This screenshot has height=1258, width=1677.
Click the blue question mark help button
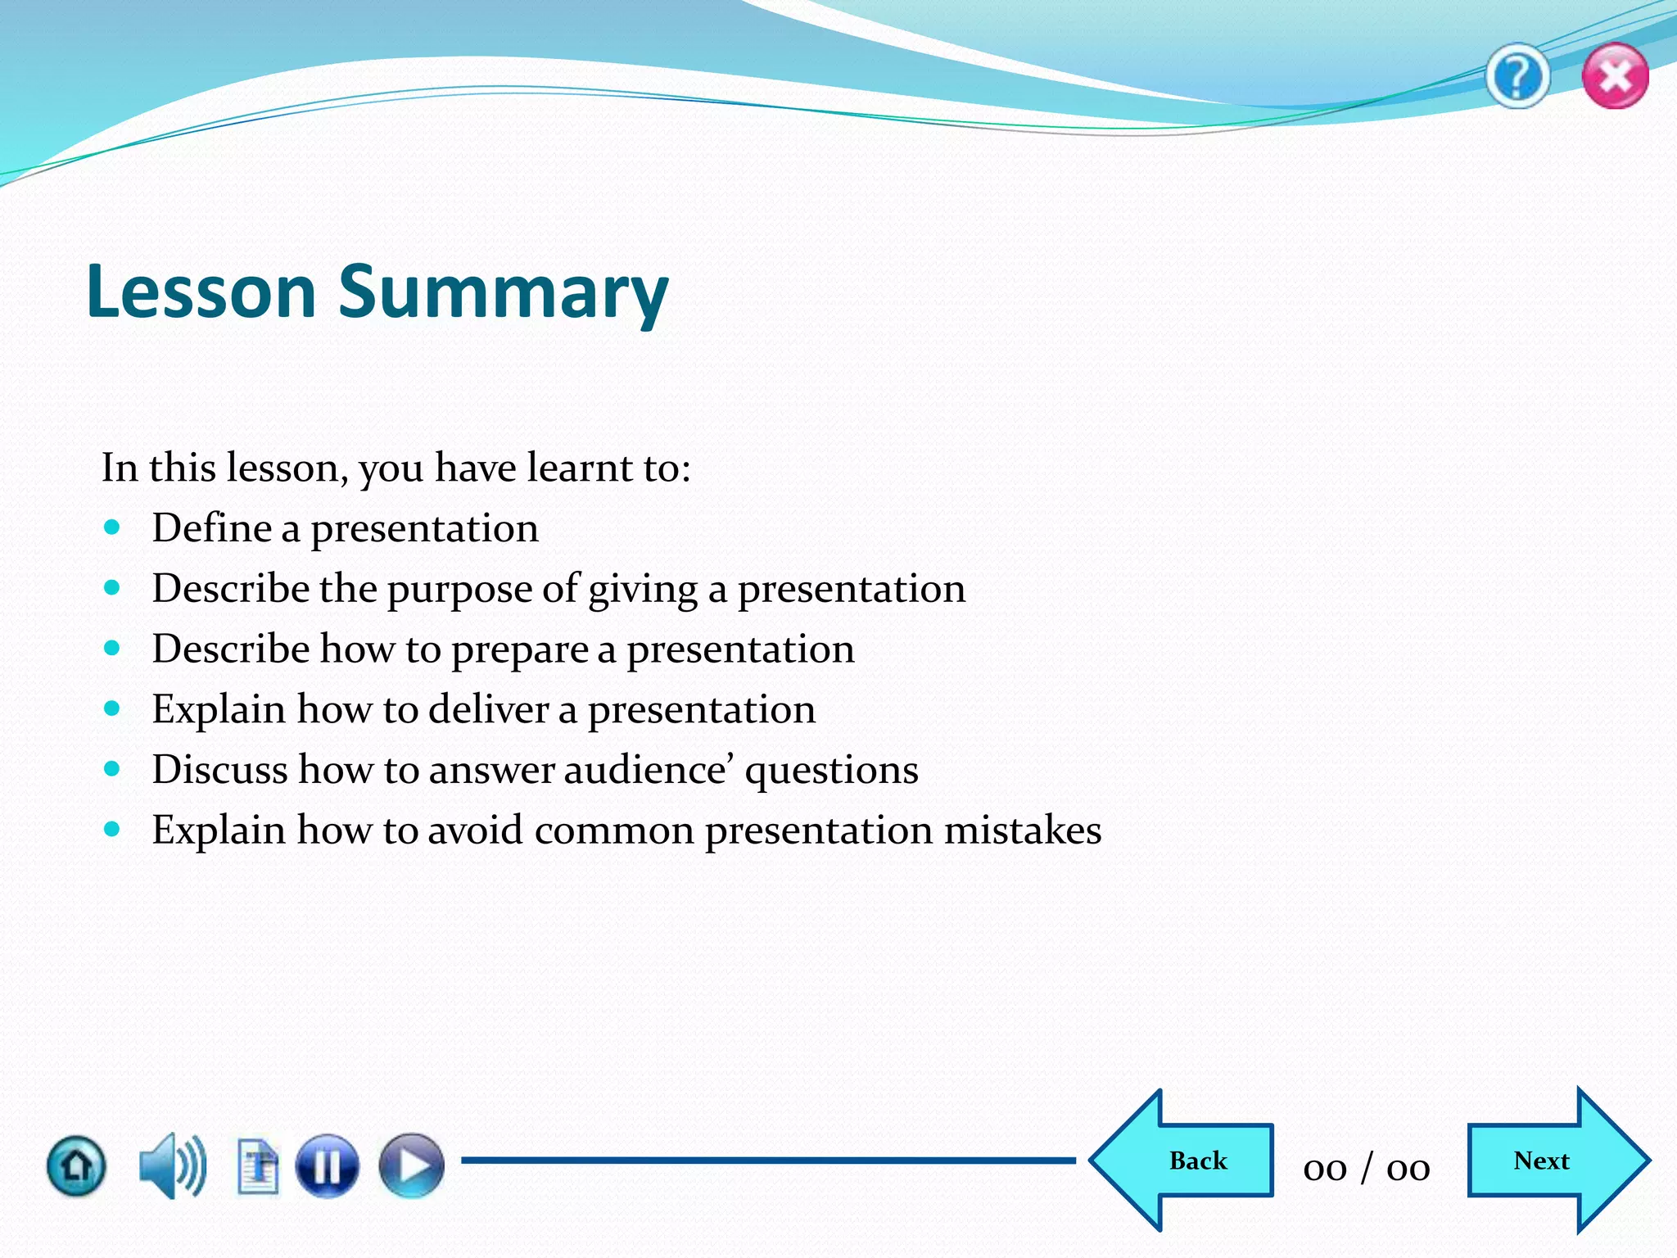point(1517,77)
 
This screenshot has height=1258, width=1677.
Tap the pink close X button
point(1615,77)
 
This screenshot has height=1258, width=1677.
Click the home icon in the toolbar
point(76,1165)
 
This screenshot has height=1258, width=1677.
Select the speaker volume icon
point(172,1165)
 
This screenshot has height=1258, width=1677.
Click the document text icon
point(258,1165)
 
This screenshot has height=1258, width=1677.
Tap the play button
point(411,1165)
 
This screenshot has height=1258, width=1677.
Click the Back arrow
point(1183,1161)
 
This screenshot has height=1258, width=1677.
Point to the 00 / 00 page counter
point(1367,1168)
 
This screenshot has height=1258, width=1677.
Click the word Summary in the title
point(504,292)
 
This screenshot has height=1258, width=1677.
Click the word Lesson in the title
point(201,292)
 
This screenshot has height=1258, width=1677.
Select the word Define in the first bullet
point(211,527)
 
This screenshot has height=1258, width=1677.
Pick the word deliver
point(488,709)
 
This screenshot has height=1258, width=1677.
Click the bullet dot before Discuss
point(113,768)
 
